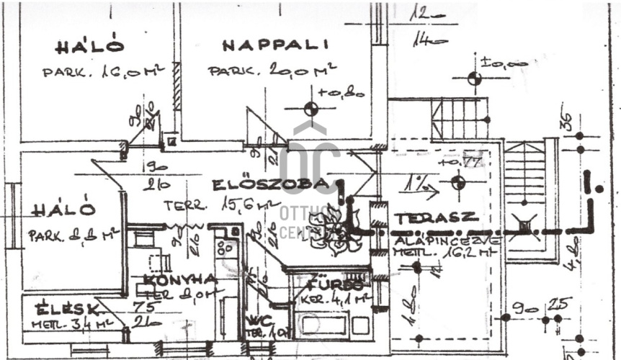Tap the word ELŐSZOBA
[x=270, y=184]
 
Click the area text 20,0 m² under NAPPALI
[x=302, y=71]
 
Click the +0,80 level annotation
[x=341, y=92]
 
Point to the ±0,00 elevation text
[x=504, y=63]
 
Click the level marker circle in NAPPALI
[x=310, y=109]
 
